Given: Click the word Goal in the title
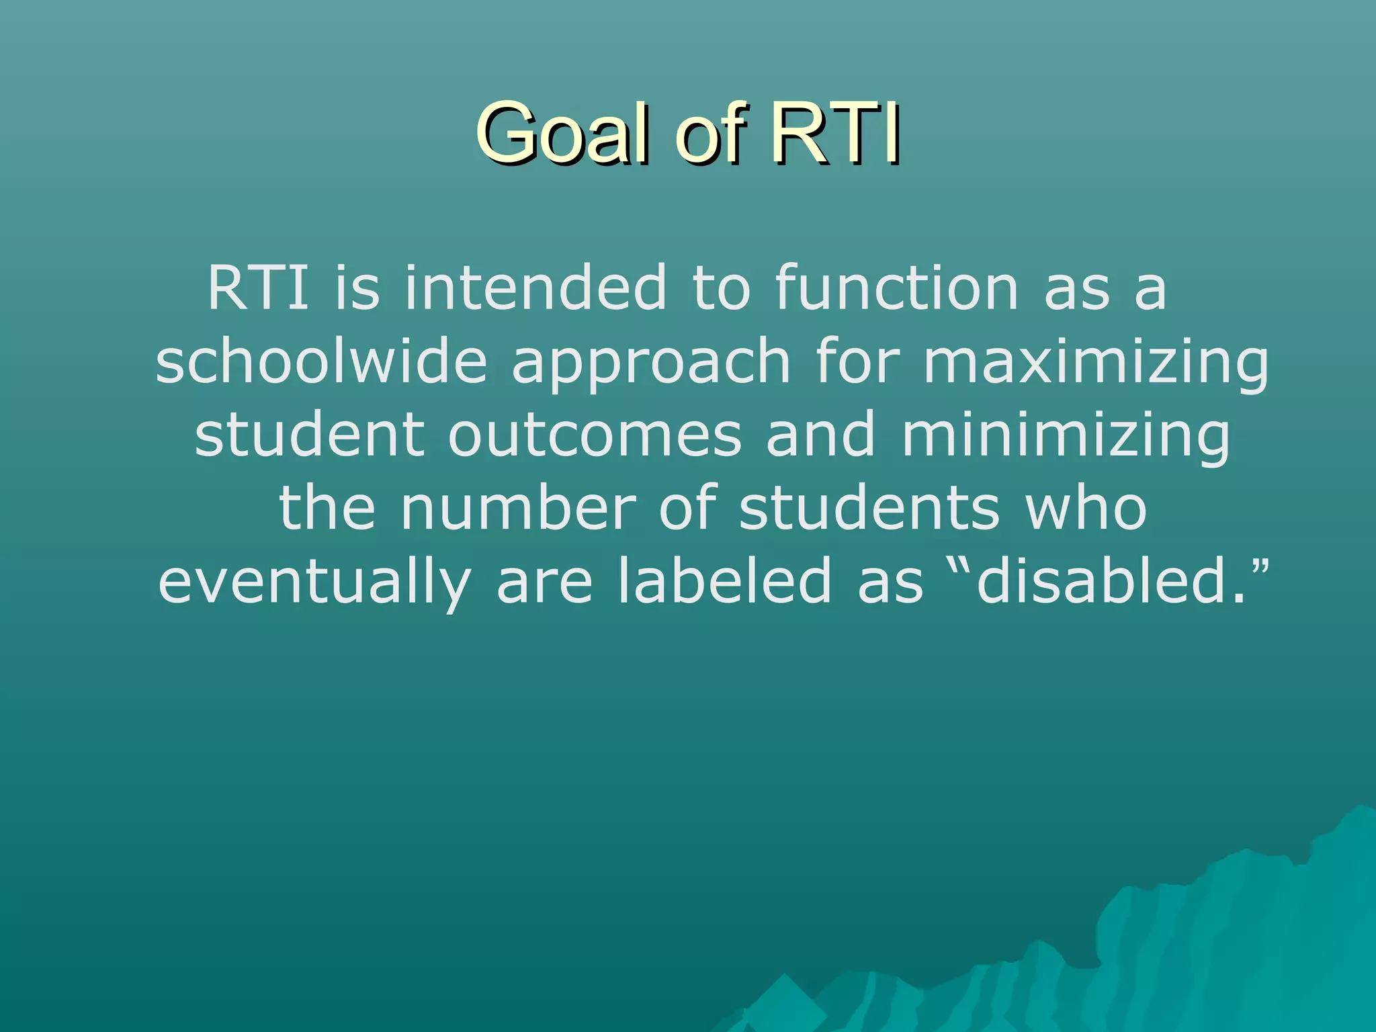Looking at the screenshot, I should pyautogui.click(x=564, y=133).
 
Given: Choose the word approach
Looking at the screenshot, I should pyautogui.click(x=651, y=363).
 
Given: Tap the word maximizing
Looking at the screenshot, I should pyautogui.click(x=1096, y=363).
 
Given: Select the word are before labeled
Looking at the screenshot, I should pyautogui.click(x=544, y=582).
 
